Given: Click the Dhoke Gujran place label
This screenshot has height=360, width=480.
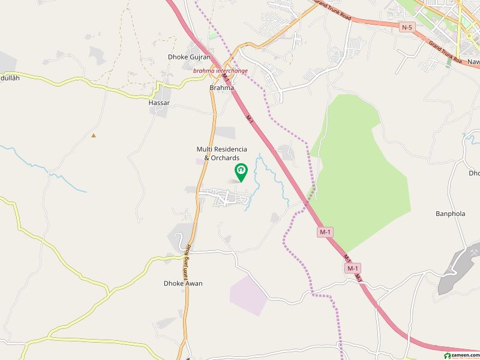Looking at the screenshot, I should [189, 57].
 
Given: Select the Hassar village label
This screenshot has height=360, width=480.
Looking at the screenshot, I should [159, 103].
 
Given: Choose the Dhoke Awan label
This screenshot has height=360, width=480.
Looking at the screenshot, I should [183, 283].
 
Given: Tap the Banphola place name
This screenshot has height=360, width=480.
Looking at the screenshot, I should [450, 214].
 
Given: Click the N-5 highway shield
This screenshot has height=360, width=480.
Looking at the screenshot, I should [407, 27].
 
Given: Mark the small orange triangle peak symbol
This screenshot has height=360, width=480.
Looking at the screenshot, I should [93, 135].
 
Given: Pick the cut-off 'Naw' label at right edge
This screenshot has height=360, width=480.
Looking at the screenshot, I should [473, 62].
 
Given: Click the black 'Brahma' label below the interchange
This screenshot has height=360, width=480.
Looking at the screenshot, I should [221, 88].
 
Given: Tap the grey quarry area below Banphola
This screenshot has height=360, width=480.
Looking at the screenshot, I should [456, 270].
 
